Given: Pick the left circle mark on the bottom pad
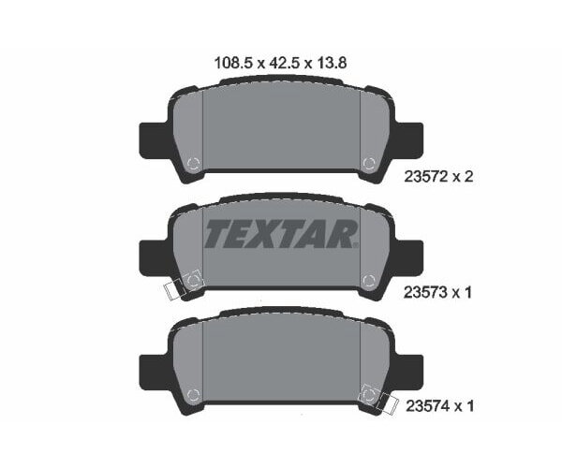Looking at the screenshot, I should (x=194, y=393).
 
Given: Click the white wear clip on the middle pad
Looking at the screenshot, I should (x=174, y=289).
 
